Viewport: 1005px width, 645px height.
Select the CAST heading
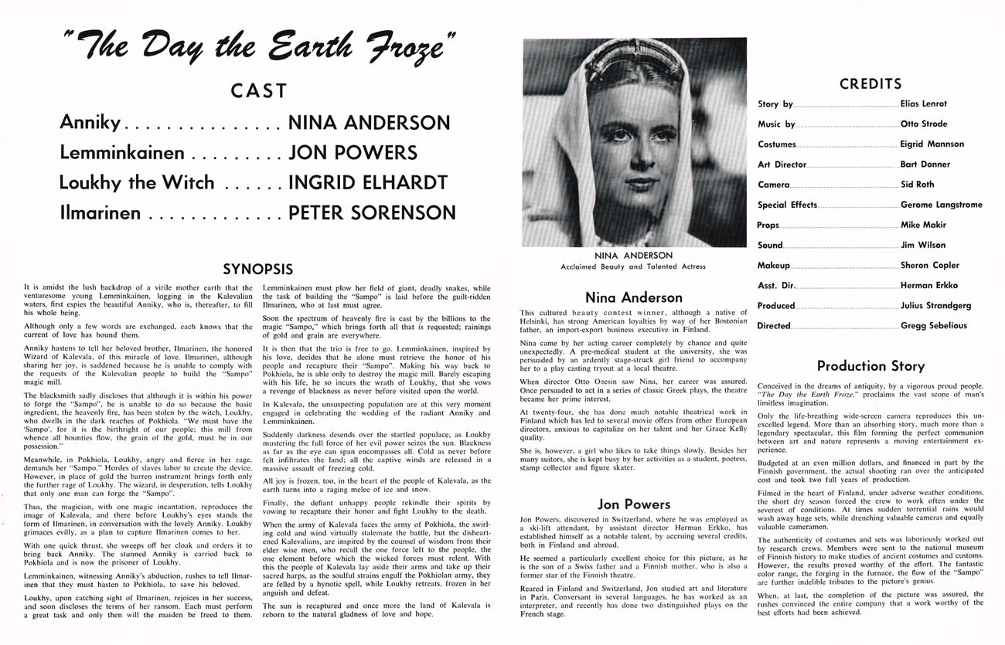coord(258,91)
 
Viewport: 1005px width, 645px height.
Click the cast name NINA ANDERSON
coord(368,122)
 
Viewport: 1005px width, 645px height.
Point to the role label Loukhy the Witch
coord(138,182)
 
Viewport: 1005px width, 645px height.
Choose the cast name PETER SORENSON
coord(371,212)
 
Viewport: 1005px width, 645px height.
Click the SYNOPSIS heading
coord(258,270)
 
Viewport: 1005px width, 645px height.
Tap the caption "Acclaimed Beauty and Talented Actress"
coord(634,267)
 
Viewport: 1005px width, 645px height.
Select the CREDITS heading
coord(870,83)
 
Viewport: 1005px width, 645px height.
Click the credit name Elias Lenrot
coord(923,104)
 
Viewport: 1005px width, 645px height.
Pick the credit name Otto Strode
coord(923,124)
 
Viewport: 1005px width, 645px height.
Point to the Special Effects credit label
coord(787,205)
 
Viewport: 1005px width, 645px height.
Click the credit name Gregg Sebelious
coord(933,325)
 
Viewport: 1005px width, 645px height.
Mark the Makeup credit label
coord(773,265)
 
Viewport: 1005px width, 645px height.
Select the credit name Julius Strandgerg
coord(935,305)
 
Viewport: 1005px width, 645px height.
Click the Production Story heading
coord(870,365)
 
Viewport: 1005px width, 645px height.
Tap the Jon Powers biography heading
coord(634,504)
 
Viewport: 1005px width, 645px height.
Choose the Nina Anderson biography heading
coord(634,297)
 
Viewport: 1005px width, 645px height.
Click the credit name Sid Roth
coord(918,185)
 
